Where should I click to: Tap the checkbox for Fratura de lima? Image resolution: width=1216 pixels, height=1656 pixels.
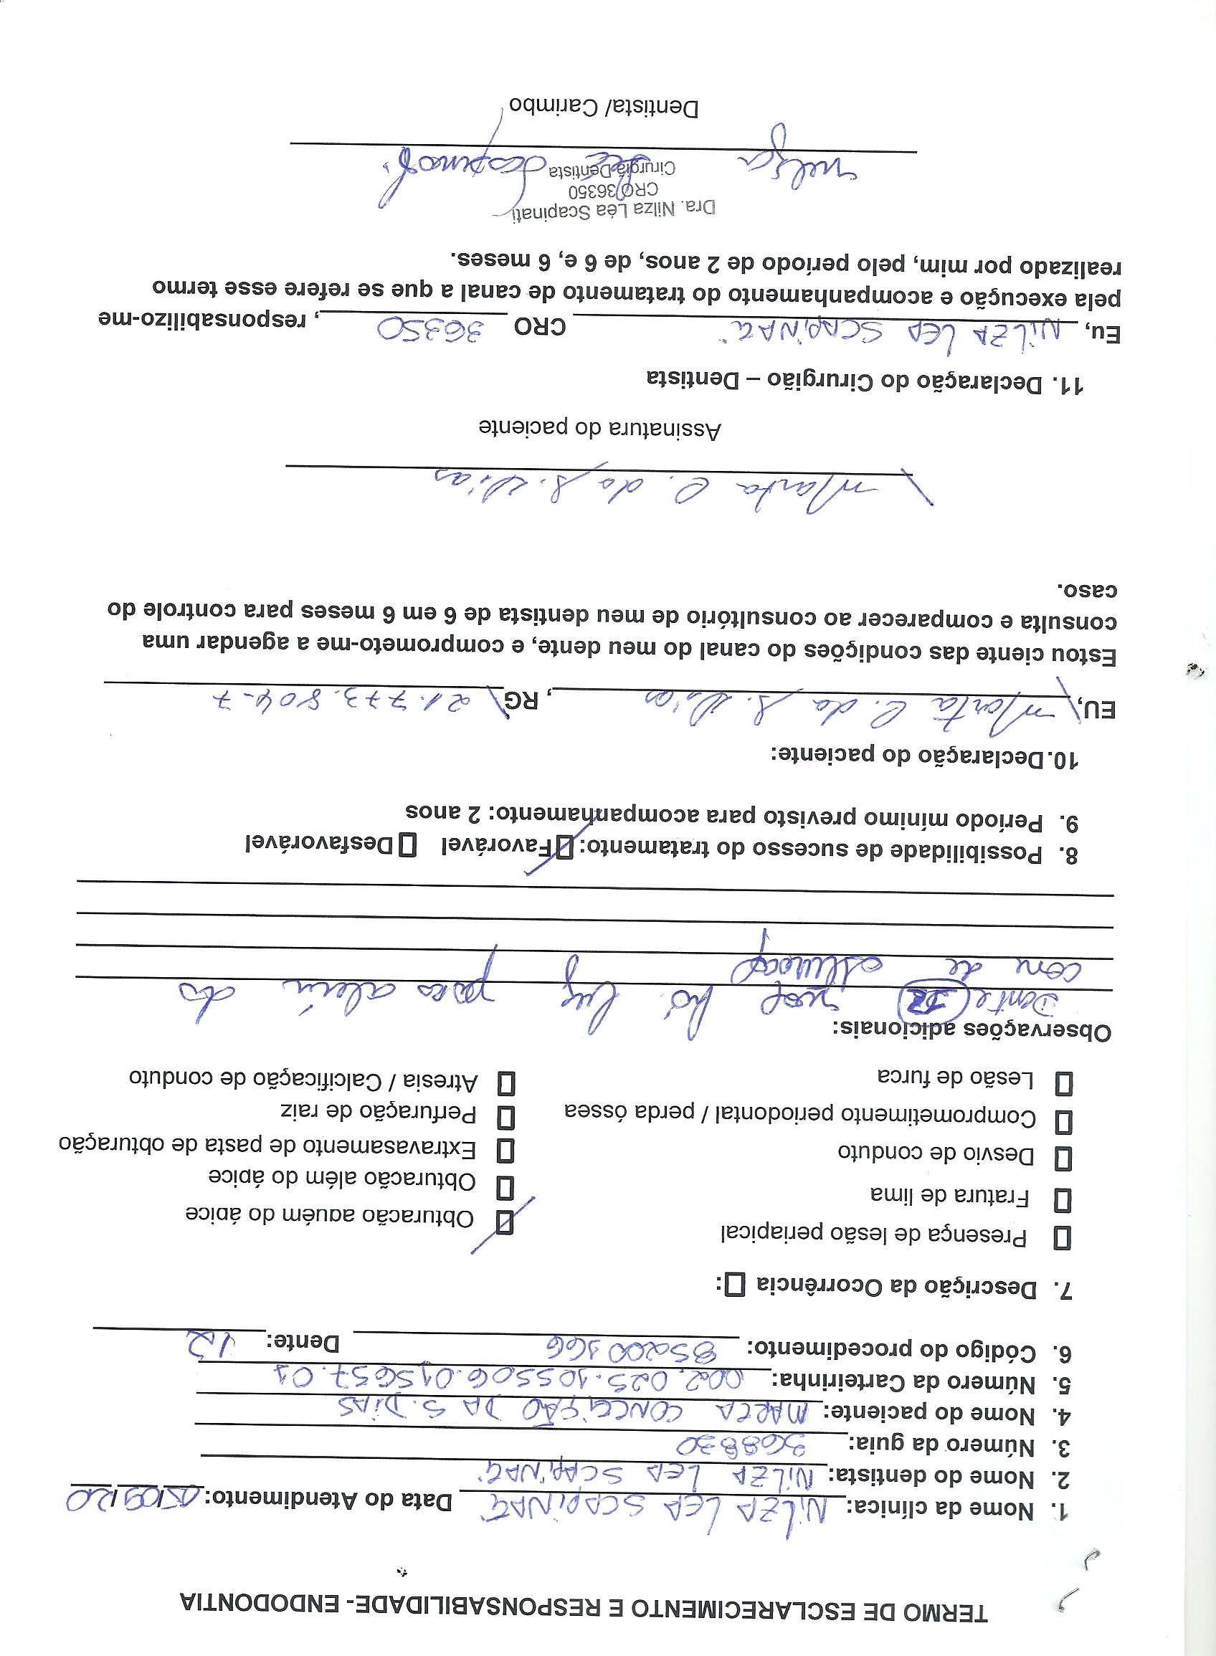click(1062, 1200)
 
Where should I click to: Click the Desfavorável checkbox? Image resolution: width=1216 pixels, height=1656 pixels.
click(407, 845)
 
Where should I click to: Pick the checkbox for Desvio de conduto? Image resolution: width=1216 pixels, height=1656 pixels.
click(1063, 1158)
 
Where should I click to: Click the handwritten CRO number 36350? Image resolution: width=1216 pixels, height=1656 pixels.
click(432, 330)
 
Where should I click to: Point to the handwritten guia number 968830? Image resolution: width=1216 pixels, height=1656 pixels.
click(741, 1446)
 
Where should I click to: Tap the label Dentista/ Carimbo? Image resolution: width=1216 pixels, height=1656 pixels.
click(604, 108)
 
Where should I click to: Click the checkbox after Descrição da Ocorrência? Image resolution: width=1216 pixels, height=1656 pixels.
click(735, 1285)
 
